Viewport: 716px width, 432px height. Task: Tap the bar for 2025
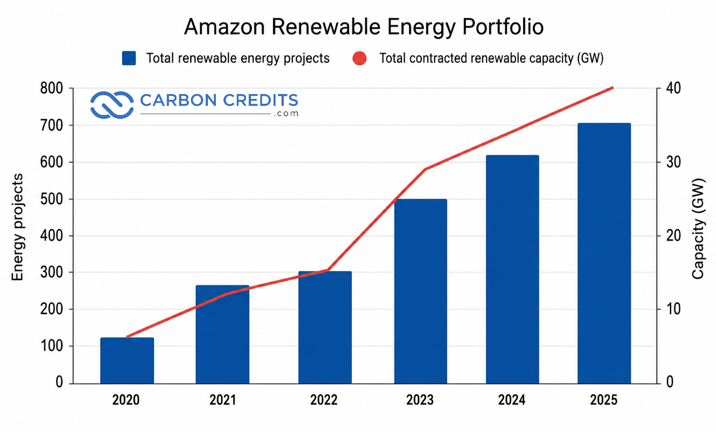[604, 253]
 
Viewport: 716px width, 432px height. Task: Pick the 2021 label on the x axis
[223, 400]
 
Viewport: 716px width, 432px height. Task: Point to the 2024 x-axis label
[512, 400]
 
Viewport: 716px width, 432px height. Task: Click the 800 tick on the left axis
[51, 88]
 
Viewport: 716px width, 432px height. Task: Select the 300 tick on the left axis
[51, 272]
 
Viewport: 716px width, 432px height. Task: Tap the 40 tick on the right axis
[673, 88]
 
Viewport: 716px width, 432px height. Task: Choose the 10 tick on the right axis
[673, 309]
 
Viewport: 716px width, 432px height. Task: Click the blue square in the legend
[129, 58]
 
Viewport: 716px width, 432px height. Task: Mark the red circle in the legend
[360, 58]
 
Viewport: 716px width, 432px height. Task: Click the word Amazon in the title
[225, 27]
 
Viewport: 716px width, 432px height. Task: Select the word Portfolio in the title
[503, 27]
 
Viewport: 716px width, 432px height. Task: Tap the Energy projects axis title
[17, 227]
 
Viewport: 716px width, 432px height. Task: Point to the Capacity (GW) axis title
[698, 228]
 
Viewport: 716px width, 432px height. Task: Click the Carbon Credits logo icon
[112, 105]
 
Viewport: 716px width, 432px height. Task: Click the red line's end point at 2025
[613, 88]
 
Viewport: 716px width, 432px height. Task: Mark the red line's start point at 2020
[127, 337]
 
